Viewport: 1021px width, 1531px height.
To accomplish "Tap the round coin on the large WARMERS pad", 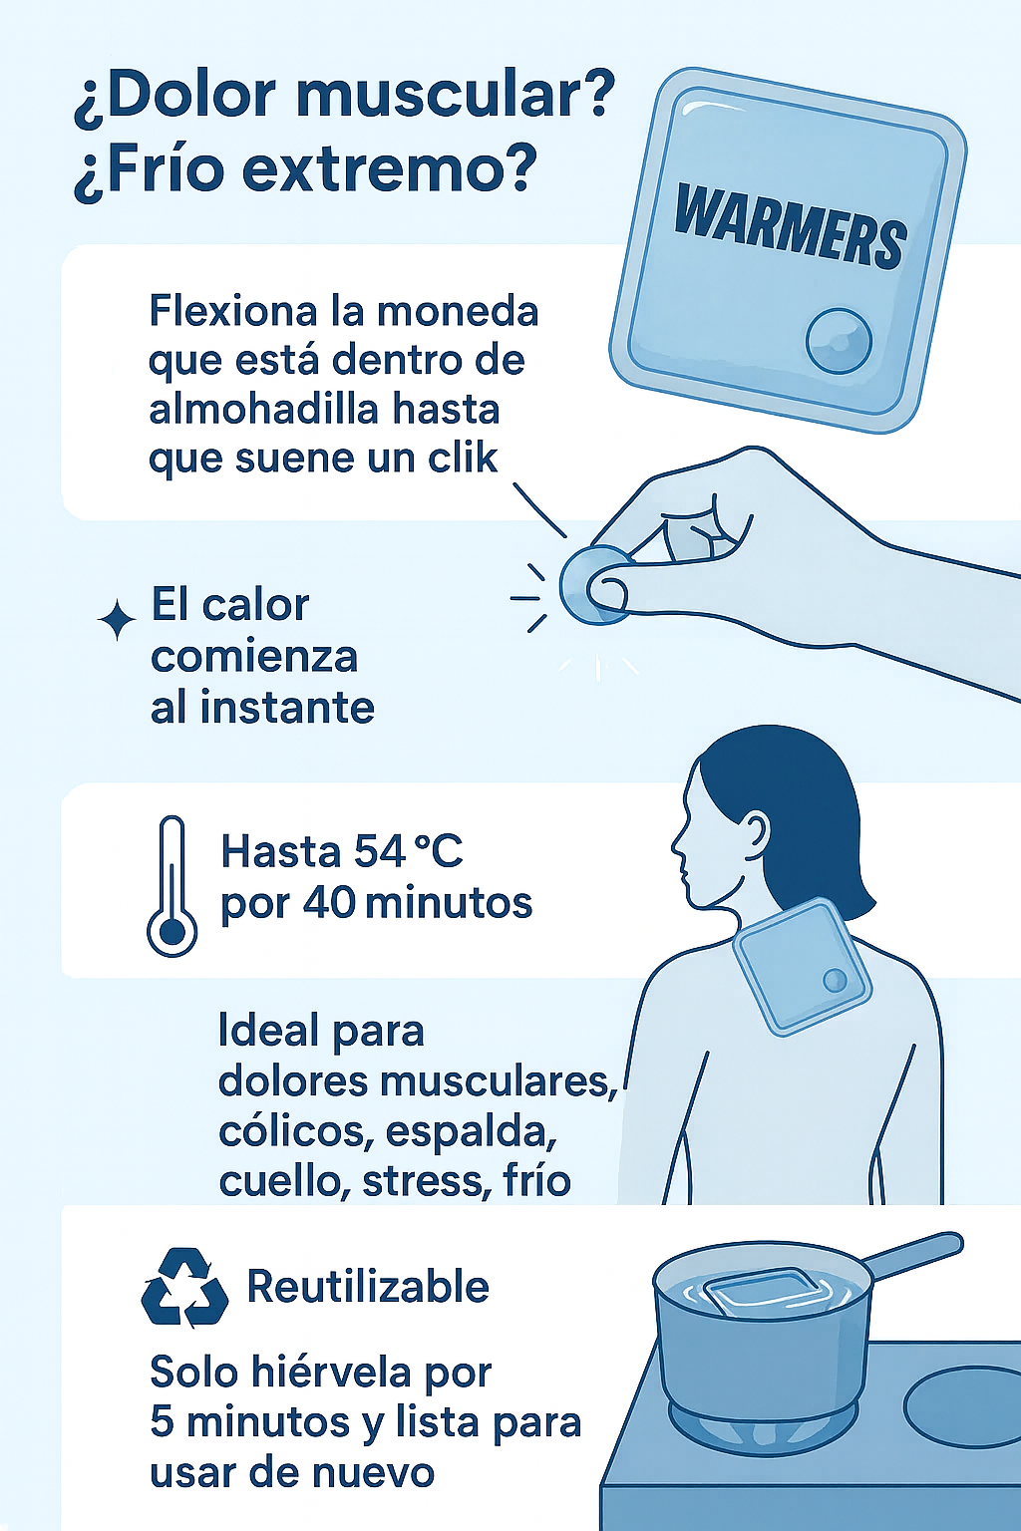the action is click(x=840, y=341).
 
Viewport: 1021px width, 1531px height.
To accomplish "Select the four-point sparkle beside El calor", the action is click(x=117, y=619).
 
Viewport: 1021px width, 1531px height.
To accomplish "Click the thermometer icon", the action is click(x=171, y=886).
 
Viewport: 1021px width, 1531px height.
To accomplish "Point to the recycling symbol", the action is click(x=184, y=1289).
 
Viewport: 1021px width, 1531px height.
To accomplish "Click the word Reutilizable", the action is click(x=368, y=1287).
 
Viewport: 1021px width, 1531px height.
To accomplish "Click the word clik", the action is click(x=462, y=458).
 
